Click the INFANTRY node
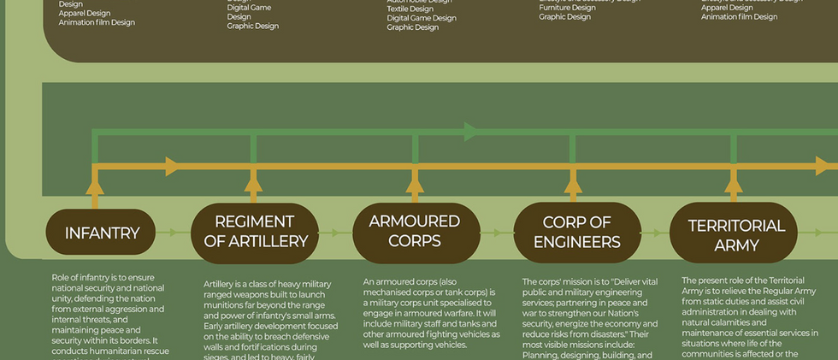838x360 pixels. pyautogui.click(x=101, y=233)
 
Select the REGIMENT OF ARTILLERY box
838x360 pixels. pyautogui.click(x=255, y=232)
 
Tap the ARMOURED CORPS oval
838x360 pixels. pyautogui.click(x=414, y=231)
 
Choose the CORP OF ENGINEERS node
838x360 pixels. pyautogui.click(x=576, y=232)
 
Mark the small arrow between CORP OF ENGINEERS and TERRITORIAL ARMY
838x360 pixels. pyautogui.click(x=654, y=233)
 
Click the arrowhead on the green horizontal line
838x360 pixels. pyautogui.click(x=471, y=132)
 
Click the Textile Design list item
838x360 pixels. pyautogui.click(x=410, y=9)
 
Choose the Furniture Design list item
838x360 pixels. pyautogui.click(x=566, y=8)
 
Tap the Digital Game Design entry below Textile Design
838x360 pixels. pyautogui.click(x=422, y=18)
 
